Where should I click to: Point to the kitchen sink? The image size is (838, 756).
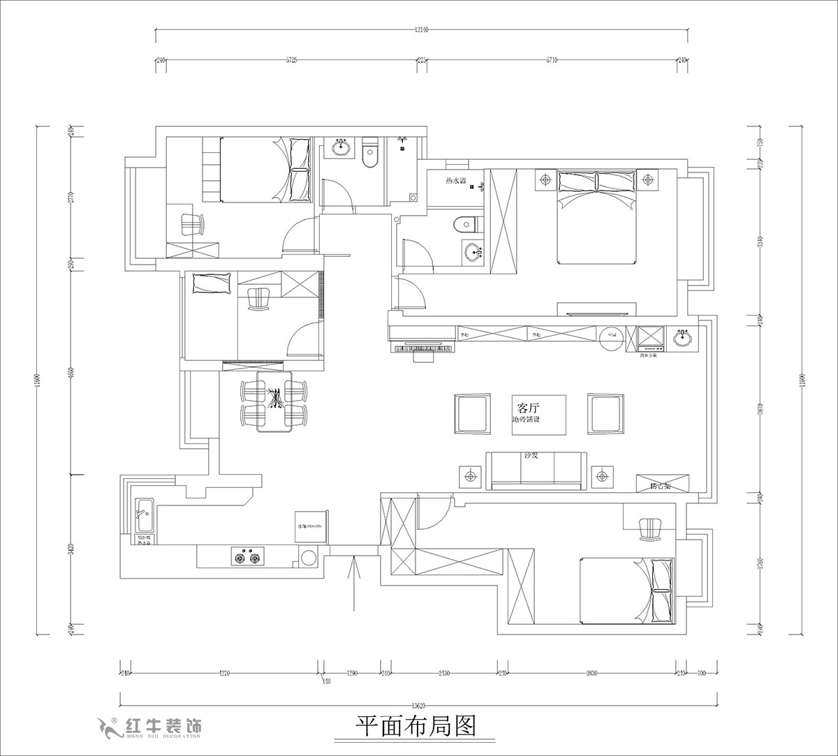tap(145, 514)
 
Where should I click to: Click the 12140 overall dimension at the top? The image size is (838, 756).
tap(421, 30)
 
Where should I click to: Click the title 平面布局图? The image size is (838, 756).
tap(416, 727)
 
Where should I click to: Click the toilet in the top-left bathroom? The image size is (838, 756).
tap(371, 157)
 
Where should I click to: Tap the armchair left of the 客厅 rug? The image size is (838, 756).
tap(472, 413)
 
